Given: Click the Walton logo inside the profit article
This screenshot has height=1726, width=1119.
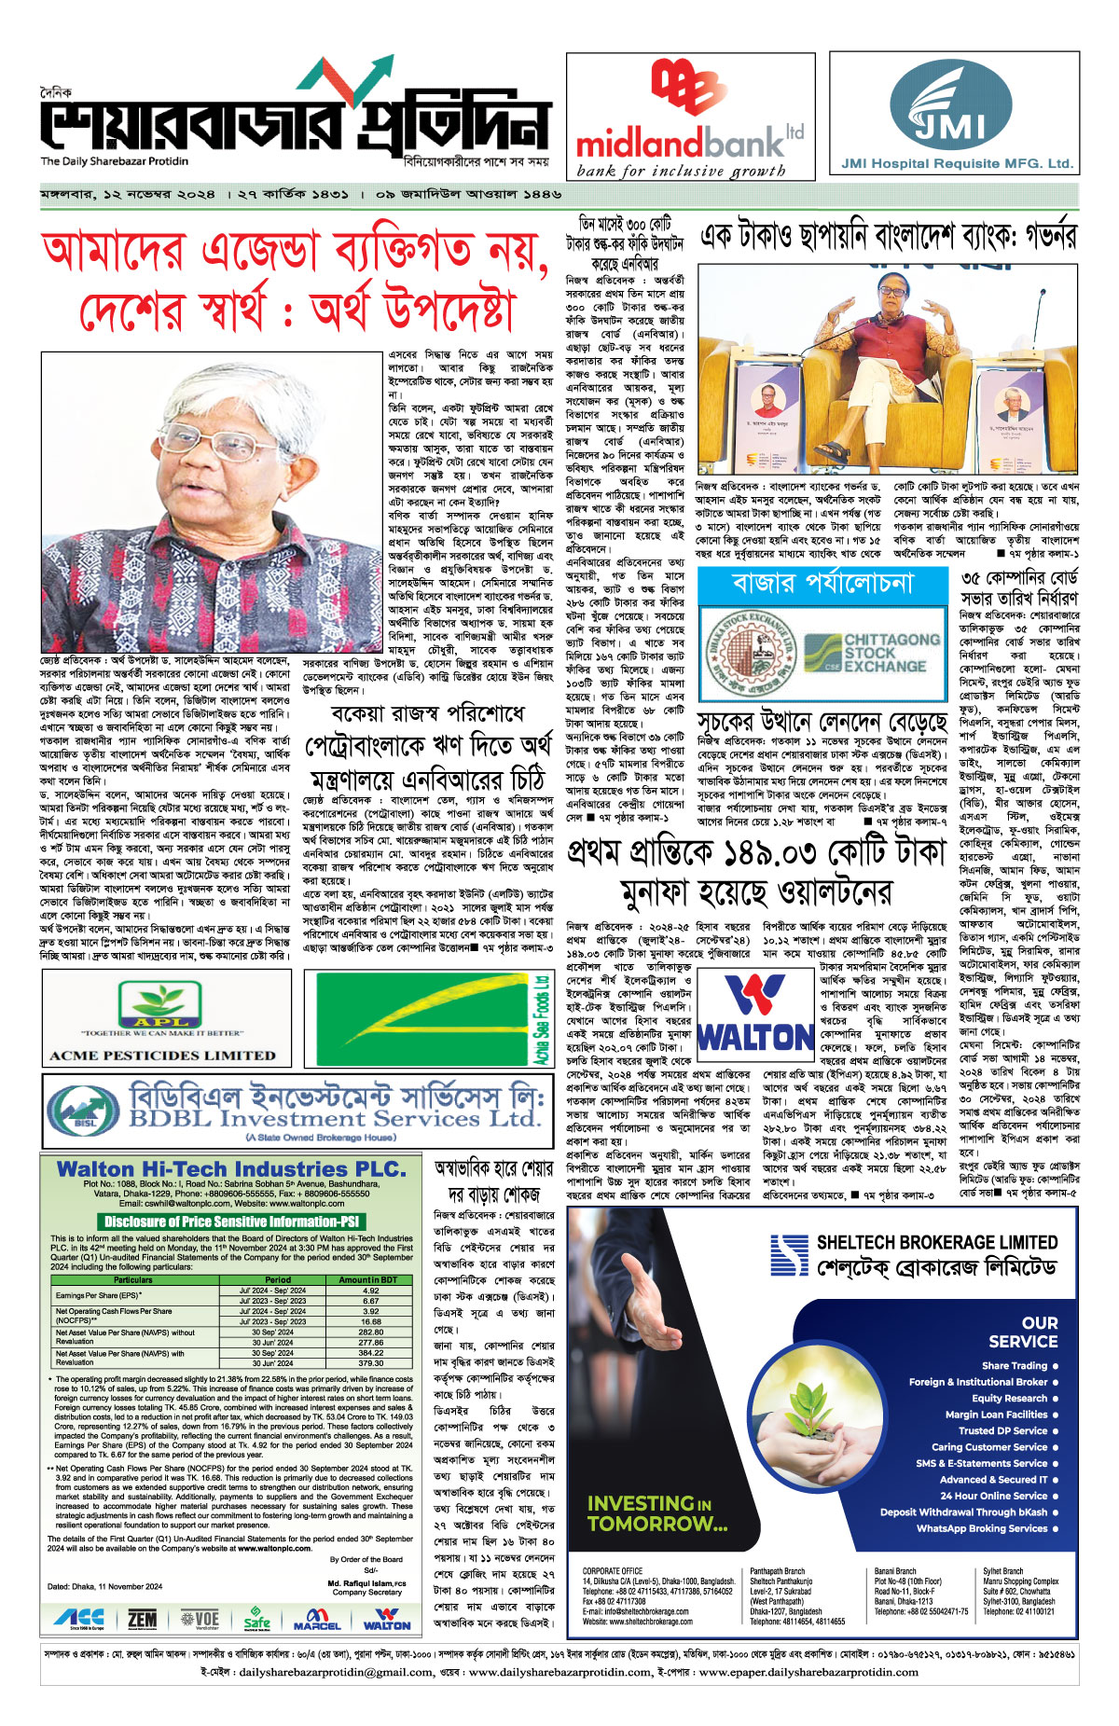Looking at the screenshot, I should click(754, 1013).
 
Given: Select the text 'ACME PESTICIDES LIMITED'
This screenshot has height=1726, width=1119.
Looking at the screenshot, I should click(162, 1056).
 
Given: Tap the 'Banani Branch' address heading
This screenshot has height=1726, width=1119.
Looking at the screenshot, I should click(894, 1570).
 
